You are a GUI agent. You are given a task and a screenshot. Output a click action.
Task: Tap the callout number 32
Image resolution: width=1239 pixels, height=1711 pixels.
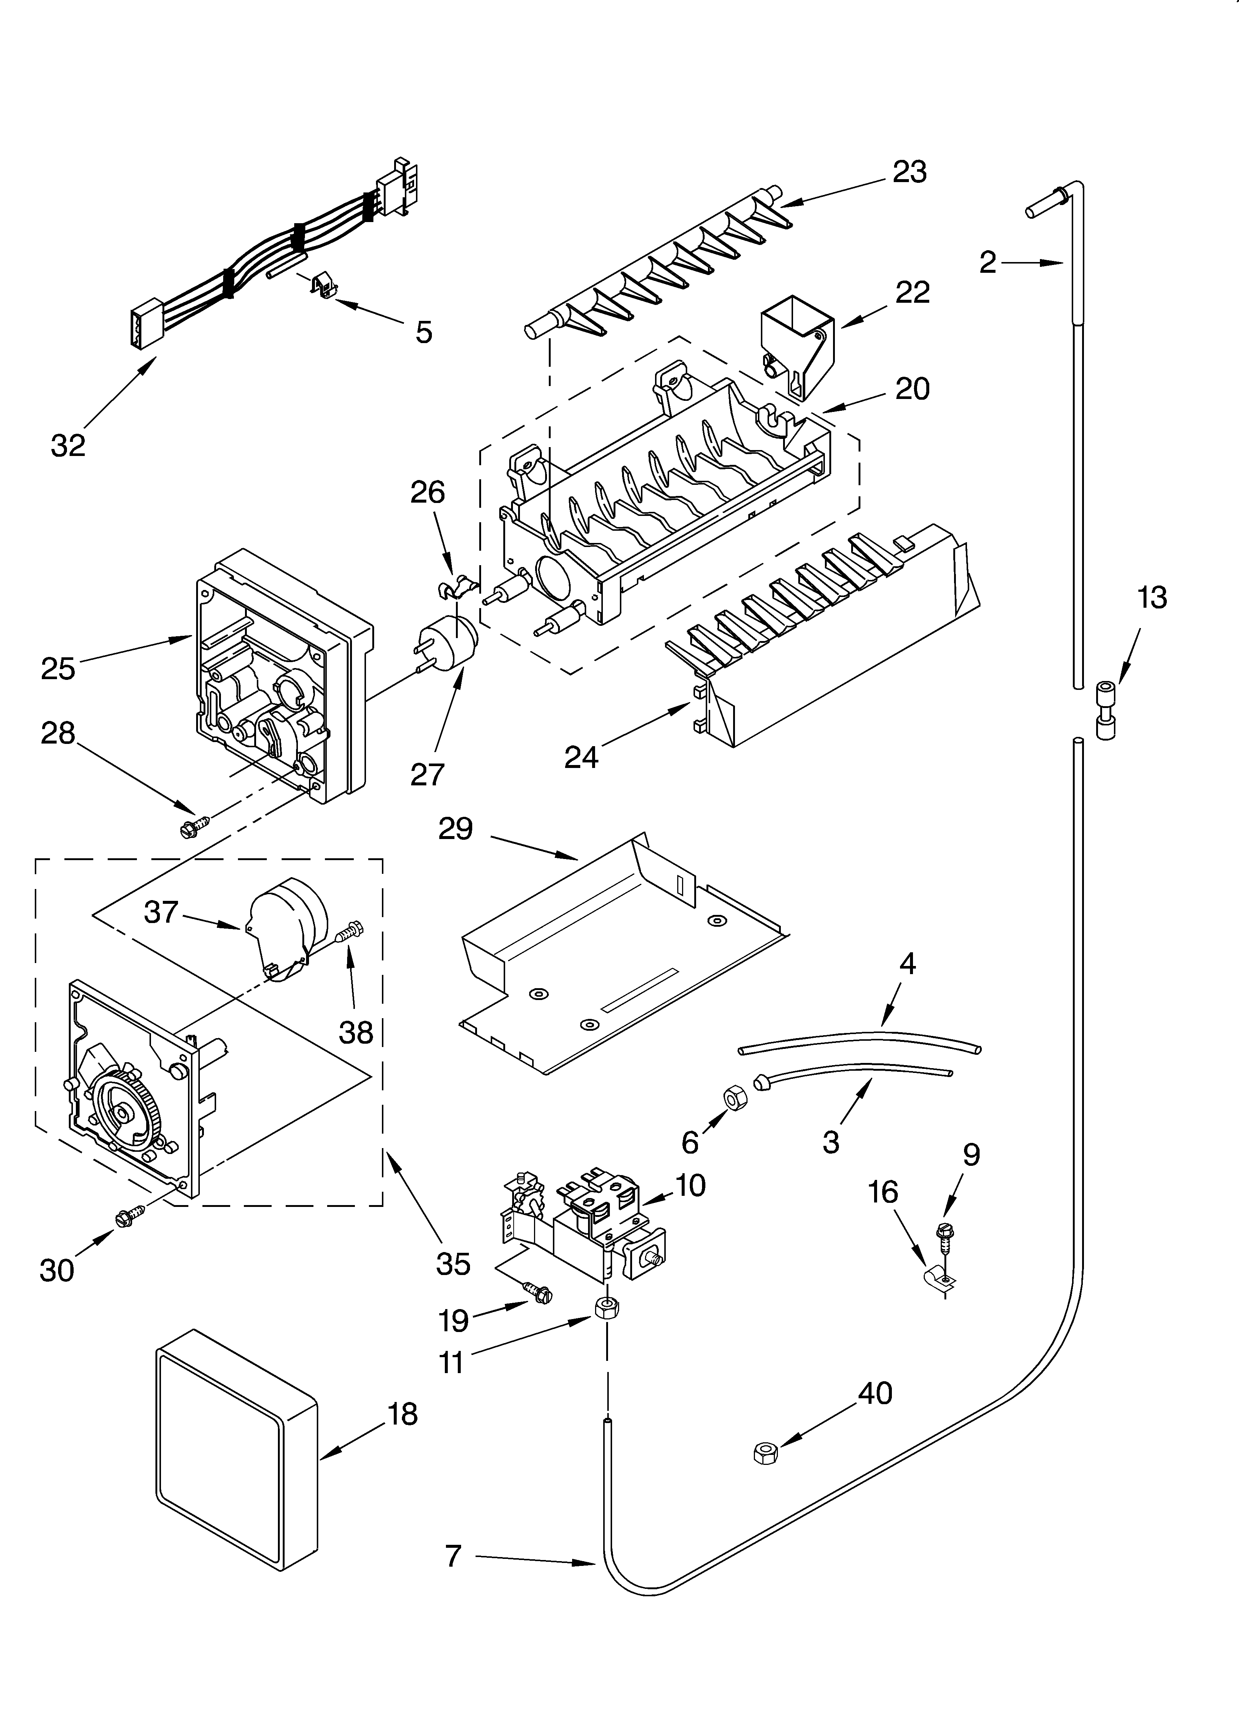point(68,445)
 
